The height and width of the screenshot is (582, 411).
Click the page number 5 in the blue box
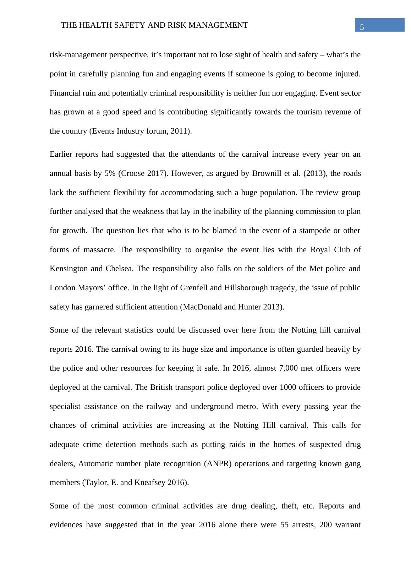(x=362, y=27)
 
